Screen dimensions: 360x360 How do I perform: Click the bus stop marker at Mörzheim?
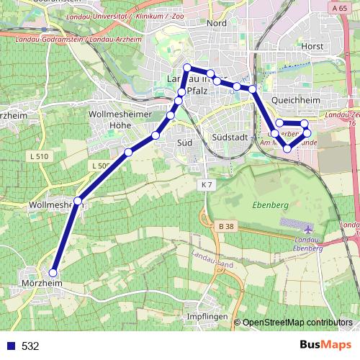coord(53,273)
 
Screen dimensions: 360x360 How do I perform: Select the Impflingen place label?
coord(207,317)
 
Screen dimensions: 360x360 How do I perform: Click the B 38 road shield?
coord(225,226)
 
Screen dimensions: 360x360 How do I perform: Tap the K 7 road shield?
coord(207,185)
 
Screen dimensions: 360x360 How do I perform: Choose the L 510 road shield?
coord(40,156)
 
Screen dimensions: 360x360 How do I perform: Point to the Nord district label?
coord(216,23)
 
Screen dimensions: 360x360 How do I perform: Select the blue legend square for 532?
coord(9,346)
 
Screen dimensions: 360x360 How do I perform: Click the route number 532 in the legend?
coord(30,346)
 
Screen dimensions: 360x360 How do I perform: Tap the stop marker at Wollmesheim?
coord(78,200)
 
